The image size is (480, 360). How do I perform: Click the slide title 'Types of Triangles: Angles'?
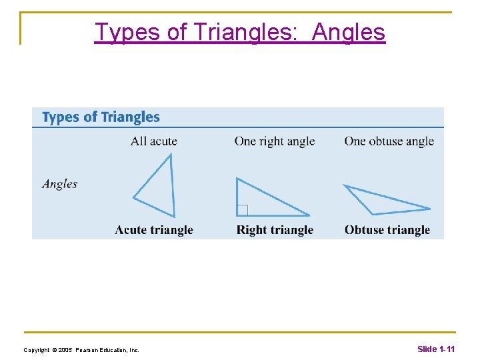pos(239,31)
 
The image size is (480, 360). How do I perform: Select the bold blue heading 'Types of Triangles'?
pos(101,117)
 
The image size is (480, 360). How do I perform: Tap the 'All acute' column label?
pos(153,141)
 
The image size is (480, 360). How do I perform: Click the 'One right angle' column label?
pos(274,141)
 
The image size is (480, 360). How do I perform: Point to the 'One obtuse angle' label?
pos(389,141)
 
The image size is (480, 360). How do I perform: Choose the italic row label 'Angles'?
pos(59,184)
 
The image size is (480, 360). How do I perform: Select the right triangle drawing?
pos(263,201)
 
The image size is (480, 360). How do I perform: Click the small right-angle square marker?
pos(242,211)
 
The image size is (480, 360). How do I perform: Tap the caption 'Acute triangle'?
pos(153,230)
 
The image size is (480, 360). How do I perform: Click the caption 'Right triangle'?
pos(275,230)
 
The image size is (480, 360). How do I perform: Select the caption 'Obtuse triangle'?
pos(387,230)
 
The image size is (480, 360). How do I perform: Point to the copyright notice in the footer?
pos(81,349)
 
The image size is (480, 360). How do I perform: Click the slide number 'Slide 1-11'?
pos(436,349)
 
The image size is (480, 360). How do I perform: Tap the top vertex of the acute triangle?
pos(171,155)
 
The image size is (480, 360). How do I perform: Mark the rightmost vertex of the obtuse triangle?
pos(430,209)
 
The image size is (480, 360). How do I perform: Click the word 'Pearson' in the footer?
pos(88,349)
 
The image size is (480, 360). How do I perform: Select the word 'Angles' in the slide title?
pos(349,31)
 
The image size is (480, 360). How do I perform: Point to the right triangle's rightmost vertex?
pos(309,215)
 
